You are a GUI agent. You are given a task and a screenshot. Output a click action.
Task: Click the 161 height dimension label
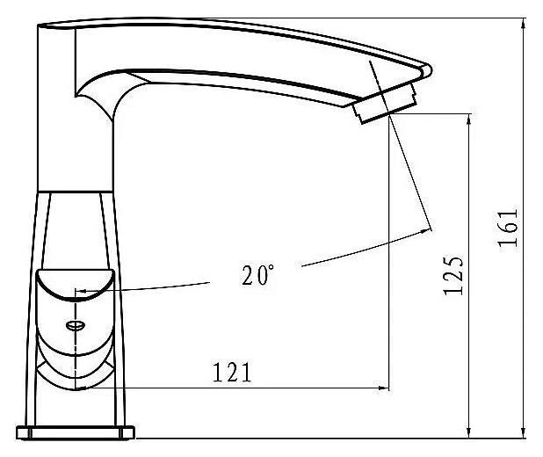(x=508, y=228)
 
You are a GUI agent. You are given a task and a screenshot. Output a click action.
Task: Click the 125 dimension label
(x=453, y=276)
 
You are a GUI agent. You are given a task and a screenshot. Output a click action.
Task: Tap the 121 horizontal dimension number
(x=232, y=373)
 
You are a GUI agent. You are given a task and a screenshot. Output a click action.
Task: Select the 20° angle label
(x=258, y=275)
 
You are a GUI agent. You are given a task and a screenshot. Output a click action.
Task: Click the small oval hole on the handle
(x=76, y=325)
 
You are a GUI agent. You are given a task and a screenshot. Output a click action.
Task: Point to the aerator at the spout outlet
(x=384, y=103)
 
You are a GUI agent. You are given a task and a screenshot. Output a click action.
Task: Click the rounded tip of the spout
(x=427, y=70)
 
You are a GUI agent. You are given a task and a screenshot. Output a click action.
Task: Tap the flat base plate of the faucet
(x=76, y=432)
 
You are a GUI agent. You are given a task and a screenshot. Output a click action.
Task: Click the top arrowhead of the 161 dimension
(x=524, y=23)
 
